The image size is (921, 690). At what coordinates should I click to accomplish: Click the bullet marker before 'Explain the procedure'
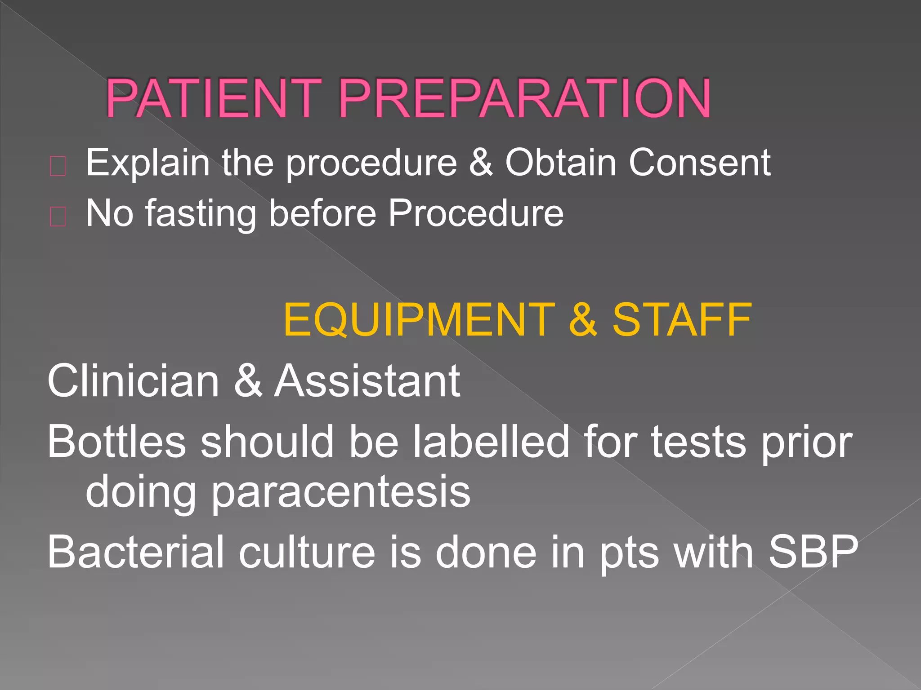coord(58,166)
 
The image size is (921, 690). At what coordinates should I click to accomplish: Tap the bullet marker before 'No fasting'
coord(58,217)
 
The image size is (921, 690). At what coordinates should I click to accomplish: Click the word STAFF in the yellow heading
coord(682,319)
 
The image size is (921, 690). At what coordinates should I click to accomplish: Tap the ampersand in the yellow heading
coord(583,319)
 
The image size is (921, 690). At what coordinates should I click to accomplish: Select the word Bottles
coord(116,442)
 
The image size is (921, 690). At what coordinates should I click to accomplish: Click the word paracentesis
coord(340,492)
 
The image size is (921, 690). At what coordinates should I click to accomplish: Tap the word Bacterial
coord(135,552)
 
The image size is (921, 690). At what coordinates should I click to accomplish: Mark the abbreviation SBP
coord(813,552)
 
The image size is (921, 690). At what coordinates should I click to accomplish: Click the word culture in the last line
coord(307,552)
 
